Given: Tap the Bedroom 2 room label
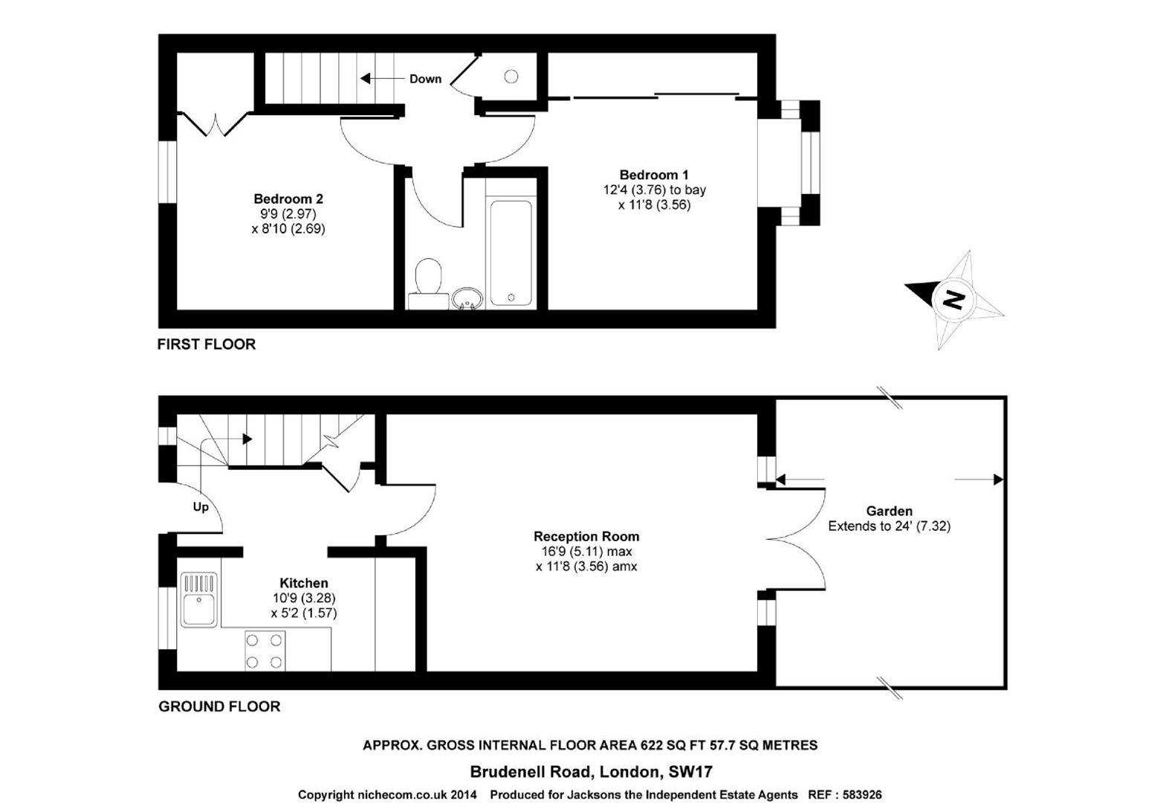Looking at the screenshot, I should [288, 199].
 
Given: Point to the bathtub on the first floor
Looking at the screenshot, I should [511, 251].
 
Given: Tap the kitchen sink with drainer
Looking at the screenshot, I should [198, 599].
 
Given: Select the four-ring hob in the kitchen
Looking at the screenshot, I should [265, 651].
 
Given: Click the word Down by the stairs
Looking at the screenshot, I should [425, 79].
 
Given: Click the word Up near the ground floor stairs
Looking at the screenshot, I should [201, 507].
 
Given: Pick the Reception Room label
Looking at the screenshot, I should [586, 537].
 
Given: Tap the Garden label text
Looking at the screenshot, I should [889, 512].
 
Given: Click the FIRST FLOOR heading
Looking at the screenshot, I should [206, 344].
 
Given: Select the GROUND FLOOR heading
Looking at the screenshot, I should [219, 706].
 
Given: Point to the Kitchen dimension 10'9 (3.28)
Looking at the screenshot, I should [304, 599].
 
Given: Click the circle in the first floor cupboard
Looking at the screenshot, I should [511, 76].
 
